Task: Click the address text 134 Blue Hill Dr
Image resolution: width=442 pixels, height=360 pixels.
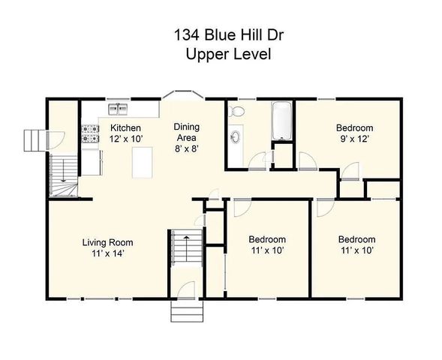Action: point(221,34)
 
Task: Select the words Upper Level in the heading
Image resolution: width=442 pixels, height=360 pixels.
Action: point(221,54)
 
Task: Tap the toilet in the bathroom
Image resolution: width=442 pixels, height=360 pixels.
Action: point(237,112)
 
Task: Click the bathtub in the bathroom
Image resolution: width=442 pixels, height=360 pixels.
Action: point(281,121)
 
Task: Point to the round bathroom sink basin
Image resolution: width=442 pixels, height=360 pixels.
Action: point(236,137)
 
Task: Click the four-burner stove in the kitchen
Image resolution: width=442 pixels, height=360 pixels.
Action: point(91,133)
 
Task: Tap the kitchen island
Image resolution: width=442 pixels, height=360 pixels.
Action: point(143,163)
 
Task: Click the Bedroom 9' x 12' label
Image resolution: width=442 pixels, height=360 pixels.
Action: point(354,133)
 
